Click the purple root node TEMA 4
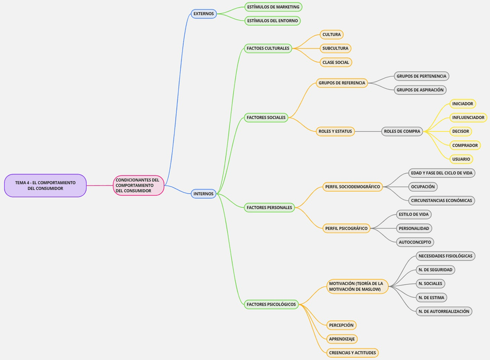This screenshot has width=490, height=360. [x=45, y=185]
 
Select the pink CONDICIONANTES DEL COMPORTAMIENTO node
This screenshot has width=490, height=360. [x=138, y=185]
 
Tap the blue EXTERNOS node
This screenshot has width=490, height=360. [x=203, y=13]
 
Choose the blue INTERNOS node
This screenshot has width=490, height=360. [x=203, y=194]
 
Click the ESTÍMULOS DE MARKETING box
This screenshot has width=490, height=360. [x=273, y=7]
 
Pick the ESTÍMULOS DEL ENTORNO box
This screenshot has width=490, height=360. [x=272, y=21]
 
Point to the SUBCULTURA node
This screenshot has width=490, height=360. [x=335, y=48]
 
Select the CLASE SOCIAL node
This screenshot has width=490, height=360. [x=335, y=62]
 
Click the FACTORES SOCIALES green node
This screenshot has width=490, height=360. [x=266, y=117]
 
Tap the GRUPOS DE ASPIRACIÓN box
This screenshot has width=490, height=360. [x=420, y=90]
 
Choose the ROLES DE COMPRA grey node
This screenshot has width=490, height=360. [x=402, y=131]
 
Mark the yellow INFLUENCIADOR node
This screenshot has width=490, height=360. [x=468, y=117]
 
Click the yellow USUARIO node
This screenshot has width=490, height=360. [x=461, y=159]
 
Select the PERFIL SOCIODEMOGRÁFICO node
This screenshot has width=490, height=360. [x=352, y=187]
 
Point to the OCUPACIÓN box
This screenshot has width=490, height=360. [x=422, y=187]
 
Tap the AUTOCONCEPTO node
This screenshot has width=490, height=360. [x=415, y=242]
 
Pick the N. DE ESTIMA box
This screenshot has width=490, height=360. [x=432, y=298]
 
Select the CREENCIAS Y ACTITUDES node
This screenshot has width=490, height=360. [x=352, y=352]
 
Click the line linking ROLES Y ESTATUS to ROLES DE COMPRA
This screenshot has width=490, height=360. [x=368, y=131]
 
